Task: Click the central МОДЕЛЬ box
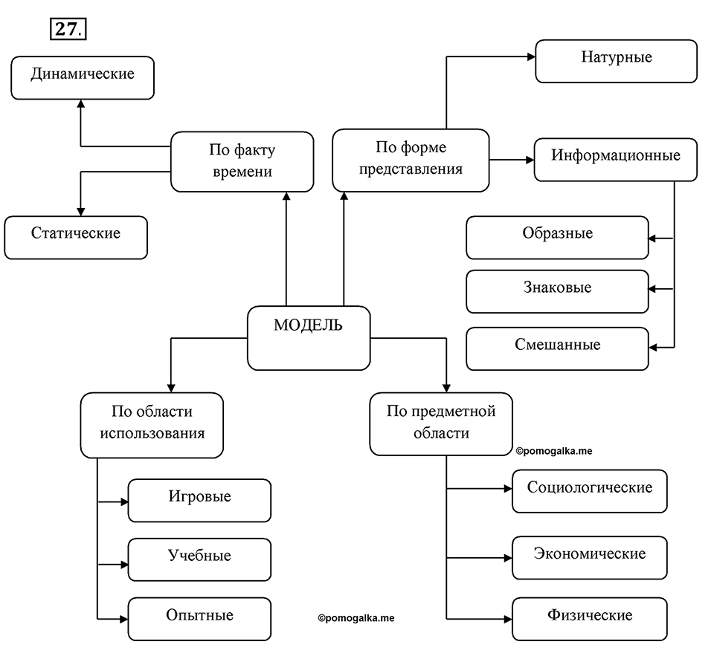(x=309, y=338)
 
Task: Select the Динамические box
(x=83, y=78)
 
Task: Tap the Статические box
(x=76, y=238)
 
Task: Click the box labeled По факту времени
(x=242, y=162)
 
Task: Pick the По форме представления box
(x=411, y=160)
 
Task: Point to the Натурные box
(x=616, y=61)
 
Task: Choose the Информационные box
(x=616, y=160)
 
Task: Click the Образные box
(x=557, y=238)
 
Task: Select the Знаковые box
(x=557, y=292)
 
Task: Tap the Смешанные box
(x=557, y=348)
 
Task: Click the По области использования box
(x=152, y=426)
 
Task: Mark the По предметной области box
(x=441, y=424)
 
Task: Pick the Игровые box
(x=199, y=501)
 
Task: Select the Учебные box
(x=199, y=559)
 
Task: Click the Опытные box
(x=199, y=619)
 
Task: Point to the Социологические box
(x=590, y=491)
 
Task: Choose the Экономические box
(x=590, y=558)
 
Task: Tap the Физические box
(x=590, y=619)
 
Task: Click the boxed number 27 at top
(x=68, y=29)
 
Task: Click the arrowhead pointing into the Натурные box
(x=531, y=57)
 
